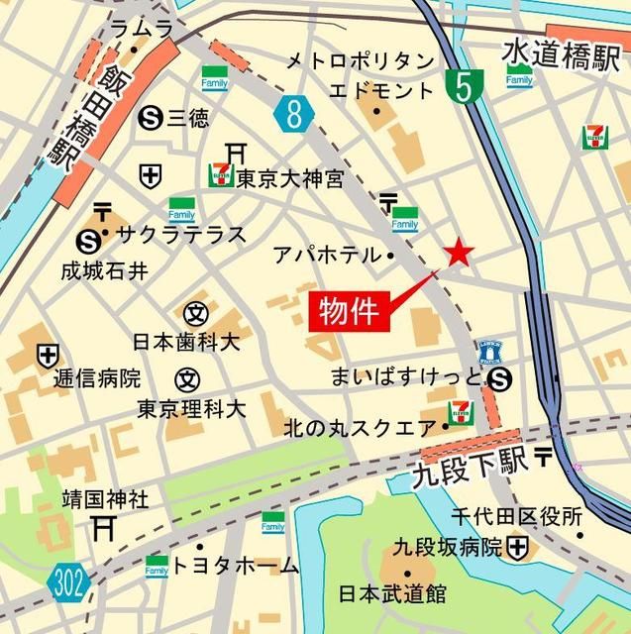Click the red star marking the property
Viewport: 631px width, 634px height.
458,254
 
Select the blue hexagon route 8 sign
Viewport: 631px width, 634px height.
293,114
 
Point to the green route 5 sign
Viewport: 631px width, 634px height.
461,87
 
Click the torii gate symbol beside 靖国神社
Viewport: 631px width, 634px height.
103,526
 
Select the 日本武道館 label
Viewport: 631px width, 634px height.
391,594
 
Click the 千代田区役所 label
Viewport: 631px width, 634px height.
517,516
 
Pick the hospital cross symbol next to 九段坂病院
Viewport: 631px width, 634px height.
517,546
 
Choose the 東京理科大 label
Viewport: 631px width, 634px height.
191,408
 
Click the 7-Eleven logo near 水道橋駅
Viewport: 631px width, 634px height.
595,136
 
